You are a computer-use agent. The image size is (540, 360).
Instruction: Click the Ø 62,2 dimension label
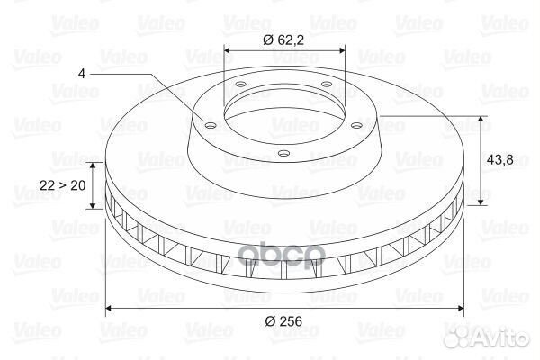[x=283, y=40]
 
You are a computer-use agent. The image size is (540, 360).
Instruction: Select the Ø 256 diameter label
[x=283, y=321]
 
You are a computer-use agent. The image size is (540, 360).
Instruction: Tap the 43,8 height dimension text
[x=500, y=160]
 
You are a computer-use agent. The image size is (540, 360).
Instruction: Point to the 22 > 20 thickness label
[x=63, y=185]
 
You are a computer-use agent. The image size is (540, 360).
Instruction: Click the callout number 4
[x=82, y=74]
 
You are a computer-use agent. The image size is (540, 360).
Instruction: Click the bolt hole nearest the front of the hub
[x=283, y=153]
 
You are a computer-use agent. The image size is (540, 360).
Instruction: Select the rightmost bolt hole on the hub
[x=357, y=126]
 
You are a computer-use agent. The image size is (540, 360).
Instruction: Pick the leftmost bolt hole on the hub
[x=210, y=125]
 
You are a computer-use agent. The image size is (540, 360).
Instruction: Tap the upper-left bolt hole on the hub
[x=240, y=84]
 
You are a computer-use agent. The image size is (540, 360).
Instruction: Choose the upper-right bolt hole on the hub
[x=326, y=84]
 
